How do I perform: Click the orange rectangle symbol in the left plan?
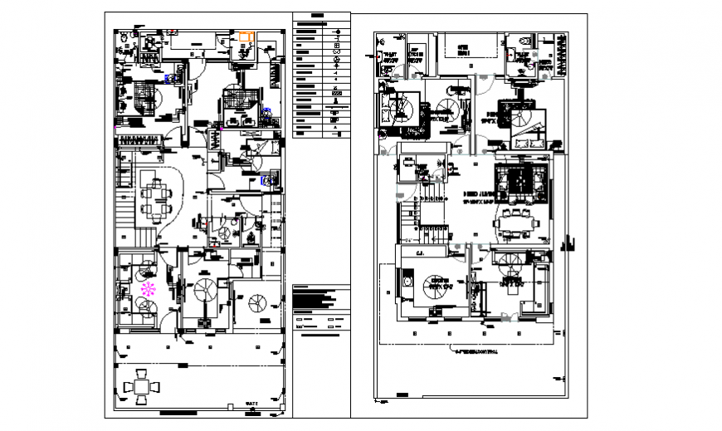pos(246,36)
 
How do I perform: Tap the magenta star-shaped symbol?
pos(149,289)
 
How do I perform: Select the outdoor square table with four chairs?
pos(141,387)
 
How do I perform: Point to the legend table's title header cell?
pos(318,17)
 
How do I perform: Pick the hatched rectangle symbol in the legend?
pos(336,94)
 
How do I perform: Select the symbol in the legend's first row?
pos(336,31)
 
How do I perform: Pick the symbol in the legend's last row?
pos(336,132)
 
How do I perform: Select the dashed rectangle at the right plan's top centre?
pos(469,47)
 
